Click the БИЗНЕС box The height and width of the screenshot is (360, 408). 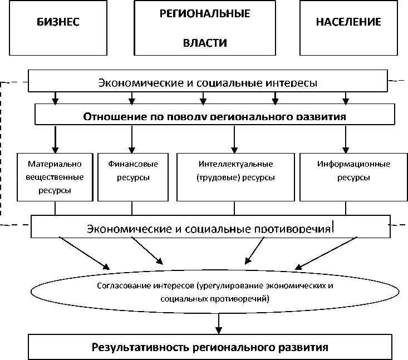click(x=58, y=28)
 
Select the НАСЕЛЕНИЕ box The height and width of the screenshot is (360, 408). click(x=348, y=28)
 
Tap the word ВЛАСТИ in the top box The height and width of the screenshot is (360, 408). click(x=205, y=43)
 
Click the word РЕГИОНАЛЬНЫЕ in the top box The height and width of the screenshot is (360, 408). click(x=205, y=13)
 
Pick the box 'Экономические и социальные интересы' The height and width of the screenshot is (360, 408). click(x=207, y=82)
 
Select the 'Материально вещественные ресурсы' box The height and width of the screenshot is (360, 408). click(x=55, y=177)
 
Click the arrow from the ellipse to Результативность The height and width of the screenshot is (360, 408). click(x=221, y=323)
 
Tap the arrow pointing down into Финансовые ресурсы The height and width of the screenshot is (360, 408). click(x=132, y=139)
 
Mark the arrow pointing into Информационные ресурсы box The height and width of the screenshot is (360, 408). click(x=345, y=139)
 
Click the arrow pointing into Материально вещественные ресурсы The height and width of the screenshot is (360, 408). click(x=55, y=139)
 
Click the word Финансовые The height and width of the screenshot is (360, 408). click(x=132, y=164)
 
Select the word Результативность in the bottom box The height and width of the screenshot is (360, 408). click(x=134, y=348)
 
